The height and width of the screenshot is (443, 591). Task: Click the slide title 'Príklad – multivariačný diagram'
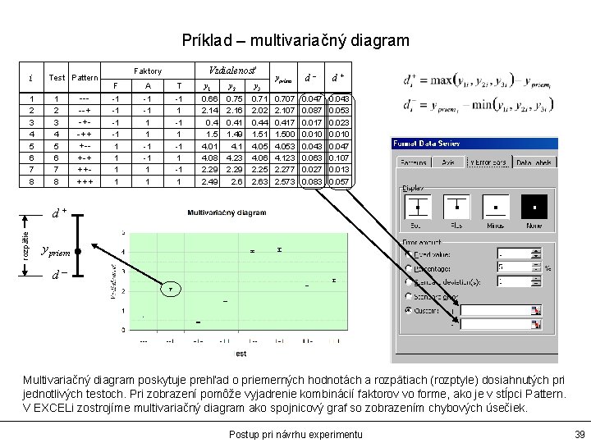click(x=295, y=39)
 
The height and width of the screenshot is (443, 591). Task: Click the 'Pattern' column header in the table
click(x=84, y=78)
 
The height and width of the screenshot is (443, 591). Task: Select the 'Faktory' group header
click(x=148, y=71)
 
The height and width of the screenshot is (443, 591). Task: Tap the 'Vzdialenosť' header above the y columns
click(x=233, y=71)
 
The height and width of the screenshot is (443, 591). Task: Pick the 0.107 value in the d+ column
click(x=339, y=158)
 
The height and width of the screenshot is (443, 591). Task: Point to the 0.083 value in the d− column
click(x=311, y=181)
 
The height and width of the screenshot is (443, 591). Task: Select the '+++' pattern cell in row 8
click(x=85, y=181)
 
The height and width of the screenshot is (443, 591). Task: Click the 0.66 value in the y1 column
click(x=209, y=98)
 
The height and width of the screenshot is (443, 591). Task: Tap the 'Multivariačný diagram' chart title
click(x=227, y=212)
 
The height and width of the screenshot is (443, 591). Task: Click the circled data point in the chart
click(x=171, y=289)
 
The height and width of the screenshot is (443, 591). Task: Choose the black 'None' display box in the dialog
click(x=534, y=205)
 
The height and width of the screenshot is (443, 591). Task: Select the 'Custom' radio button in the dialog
click(x=410, y=310)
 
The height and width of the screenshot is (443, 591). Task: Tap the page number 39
click(x=580, y=433)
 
